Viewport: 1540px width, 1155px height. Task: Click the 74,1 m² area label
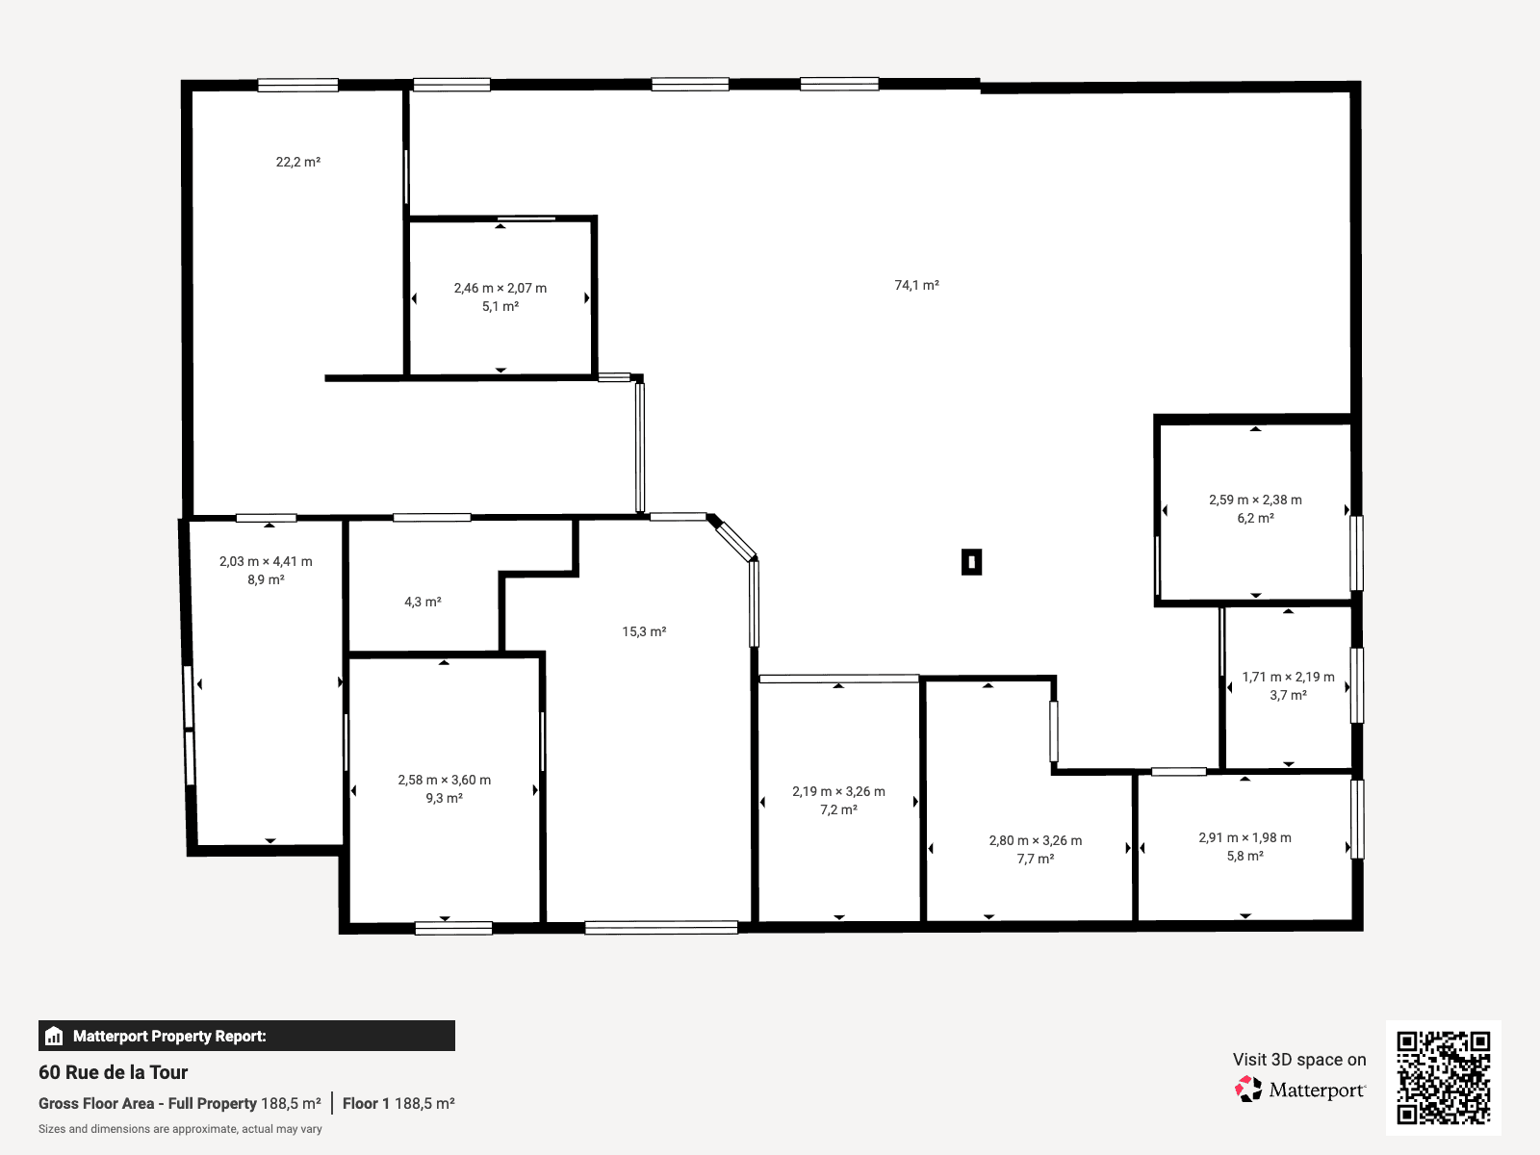pyautogui.click(x=916, y=285)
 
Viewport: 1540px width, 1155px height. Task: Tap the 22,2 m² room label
pyautogui.click(x=298, y=162)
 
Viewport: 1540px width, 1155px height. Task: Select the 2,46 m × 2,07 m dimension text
pyautogui.click(x=500, y=288)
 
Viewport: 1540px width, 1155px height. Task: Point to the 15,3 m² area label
pyautogui.click(x=644, y=631)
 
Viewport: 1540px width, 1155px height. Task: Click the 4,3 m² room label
pyautogui.click(x=423, y=602)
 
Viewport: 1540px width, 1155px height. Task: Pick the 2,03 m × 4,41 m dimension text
pyautogui.click(x=266, y=562)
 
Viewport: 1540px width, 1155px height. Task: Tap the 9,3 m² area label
pyautogui.click(x=444, y=798)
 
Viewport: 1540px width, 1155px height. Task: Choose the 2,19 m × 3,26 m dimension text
pyautogui.click(x=838, y=792)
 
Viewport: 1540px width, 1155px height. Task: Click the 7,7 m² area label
pyautogui.click(x=1036, y=860)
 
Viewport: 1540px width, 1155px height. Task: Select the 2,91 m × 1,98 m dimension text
pyautogui.click(x=1245, y=838)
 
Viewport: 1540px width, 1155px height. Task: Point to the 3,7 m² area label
pyautogui.click(x=1288, y=696)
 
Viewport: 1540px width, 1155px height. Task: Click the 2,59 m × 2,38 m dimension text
pyautogui.click(x=1255, y=500)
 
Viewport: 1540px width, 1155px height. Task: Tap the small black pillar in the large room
pyautogui.click(x=972, y=562)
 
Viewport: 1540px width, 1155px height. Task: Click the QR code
pyautogui.click(x=1443, y=1078)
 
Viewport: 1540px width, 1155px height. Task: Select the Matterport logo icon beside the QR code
pyautogui.click(x=1248, y=1090)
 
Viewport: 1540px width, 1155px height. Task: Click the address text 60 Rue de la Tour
pyautogui.click(x=113, y=1072)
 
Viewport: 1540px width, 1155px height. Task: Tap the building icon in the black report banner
pyautogui.click(x=54, y=1036)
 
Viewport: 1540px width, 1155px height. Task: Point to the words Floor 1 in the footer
pyautogui.click(x=366, y=1103)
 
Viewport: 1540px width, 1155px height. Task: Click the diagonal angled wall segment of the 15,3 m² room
pyautogui.click(x=733, y=539)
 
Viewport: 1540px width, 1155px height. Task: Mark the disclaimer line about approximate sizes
pyautogui.click(x=180, y=1129)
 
